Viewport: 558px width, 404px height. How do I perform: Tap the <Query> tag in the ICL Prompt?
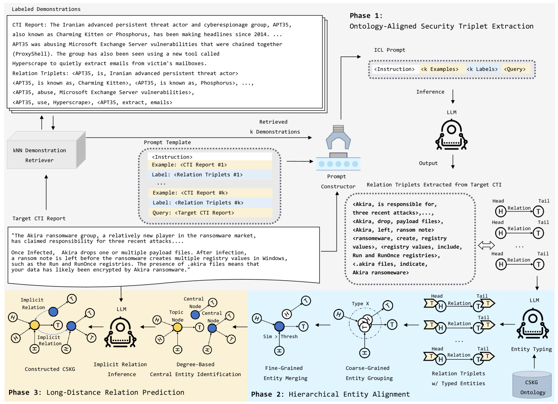(x=515, y=69)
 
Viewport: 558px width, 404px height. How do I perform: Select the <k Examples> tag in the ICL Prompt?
(x=440, y=69)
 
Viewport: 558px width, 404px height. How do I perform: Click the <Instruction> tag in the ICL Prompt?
(x=394, y=69)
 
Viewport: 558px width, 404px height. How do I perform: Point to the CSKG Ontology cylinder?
(x=532, y=386)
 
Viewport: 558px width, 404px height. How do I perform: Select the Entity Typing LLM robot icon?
(x=533, y=323)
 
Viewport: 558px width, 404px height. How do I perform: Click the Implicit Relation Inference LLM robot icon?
(x=120, y=332)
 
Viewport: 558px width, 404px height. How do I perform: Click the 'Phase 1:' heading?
(x=366, y=16)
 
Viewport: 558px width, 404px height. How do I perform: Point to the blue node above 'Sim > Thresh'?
(x=279, y=326)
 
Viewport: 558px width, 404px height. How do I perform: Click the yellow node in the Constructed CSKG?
(x=35, y=325)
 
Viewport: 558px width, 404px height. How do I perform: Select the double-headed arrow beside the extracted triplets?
(x=486, y=245)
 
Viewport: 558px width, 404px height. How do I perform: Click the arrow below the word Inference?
(x=453, y=97)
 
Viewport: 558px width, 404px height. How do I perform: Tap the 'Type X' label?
(x=360, y=304)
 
